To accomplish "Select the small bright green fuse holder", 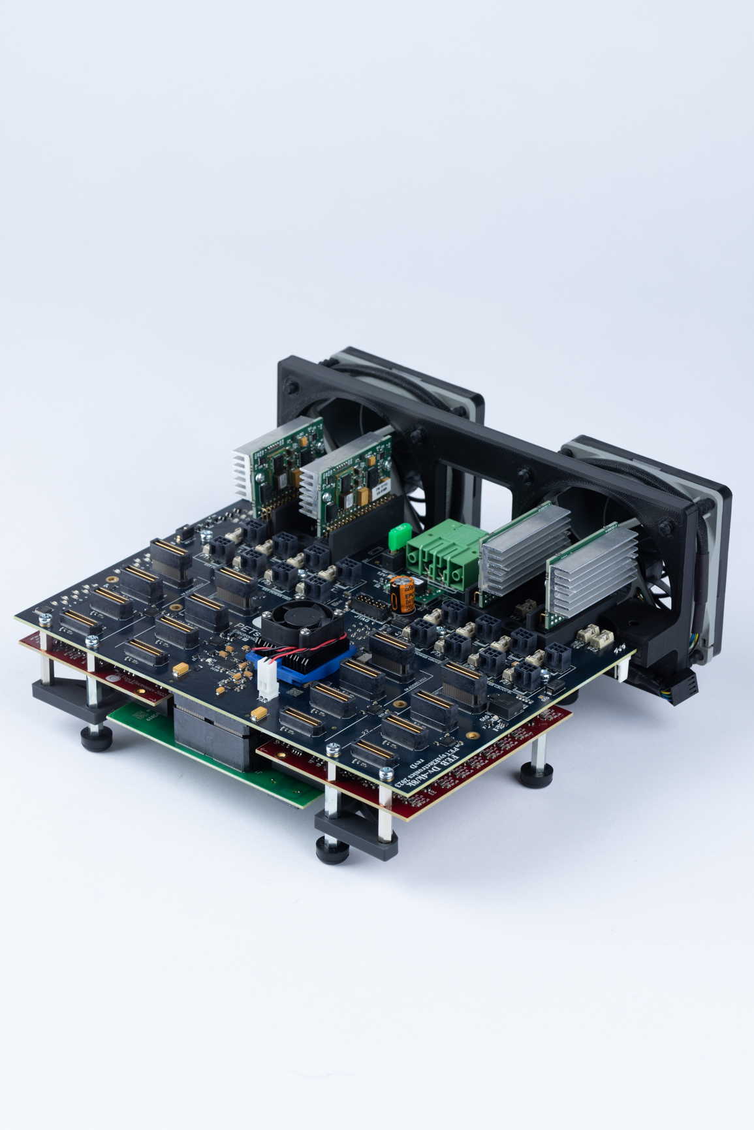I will pyautogui.click(x=399, y=538).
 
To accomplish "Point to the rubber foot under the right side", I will pyautogui.click(x=537, y=777).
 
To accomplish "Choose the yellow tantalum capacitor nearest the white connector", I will pyautogui.click(x=260, y=712).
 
